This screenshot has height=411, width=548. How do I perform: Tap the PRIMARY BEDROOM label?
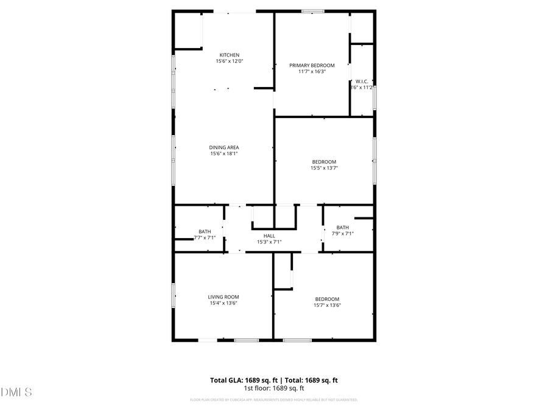[312, 65]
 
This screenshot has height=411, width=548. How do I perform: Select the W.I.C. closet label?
[362, 81]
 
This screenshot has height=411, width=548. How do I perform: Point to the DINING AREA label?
[224, 147]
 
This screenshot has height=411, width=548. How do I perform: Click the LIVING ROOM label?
[223, 297]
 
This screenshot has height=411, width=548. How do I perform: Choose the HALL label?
[269, 236]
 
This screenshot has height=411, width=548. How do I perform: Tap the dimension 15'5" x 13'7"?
[324, 168]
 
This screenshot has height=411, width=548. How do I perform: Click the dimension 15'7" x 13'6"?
[327, 305]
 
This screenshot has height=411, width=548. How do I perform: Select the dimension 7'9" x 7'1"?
[342, 233]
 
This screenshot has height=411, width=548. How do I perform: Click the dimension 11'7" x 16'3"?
[312, 71]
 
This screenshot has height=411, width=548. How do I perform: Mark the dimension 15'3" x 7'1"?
[269, 242]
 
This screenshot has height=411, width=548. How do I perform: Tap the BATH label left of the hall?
[205, 231]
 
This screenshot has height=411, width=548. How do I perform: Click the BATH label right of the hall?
[342, 227]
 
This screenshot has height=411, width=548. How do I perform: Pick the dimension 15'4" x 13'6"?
[223, 303]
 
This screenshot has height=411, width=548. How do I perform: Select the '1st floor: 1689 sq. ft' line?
[274, 388]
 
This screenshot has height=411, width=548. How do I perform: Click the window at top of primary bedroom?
[312, 11]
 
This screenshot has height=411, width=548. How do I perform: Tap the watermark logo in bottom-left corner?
[16, 392]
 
